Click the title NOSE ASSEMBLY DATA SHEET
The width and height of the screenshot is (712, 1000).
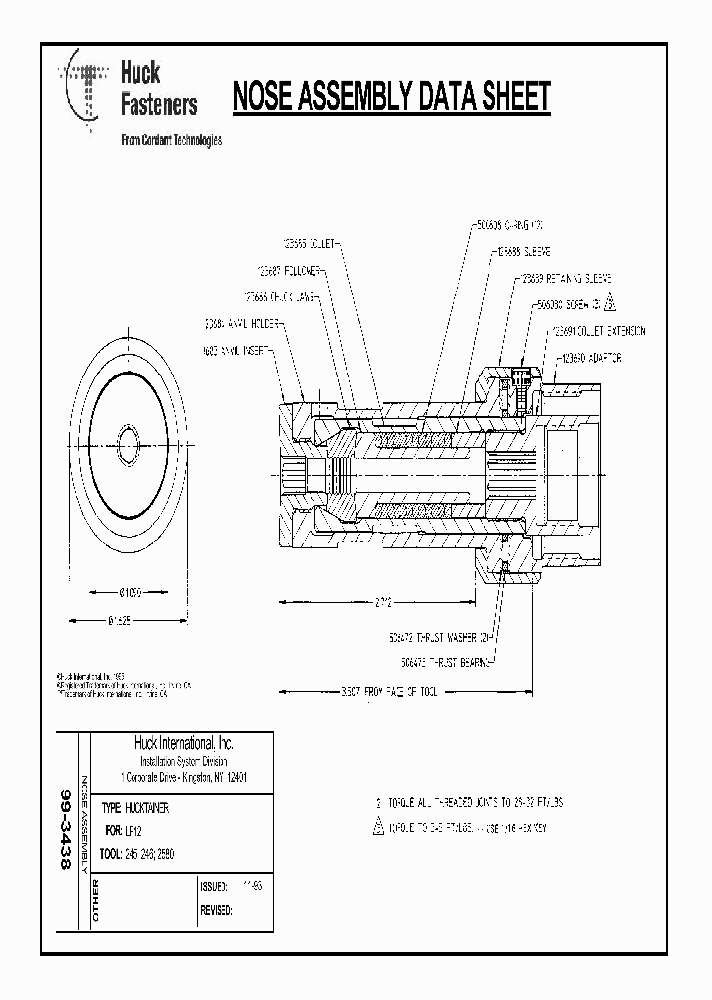click(x=391, y=97)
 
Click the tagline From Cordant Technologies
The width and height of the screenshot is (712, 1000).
click(x=170, y=140)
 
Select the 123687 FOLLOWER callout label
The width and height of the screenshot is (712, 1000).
click(x=287, y=269)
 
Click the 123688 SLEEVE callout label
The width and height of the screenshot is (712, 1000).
click(x=523, y=252)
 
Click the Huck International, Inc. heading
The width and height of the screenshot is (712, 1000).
click(x=184, y=743)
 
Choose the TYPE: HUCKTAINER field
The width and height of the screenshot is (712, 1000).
click(x=143, y=807)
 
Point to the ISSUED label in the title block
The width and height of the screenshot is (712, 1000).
click(x=215, y=886)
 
